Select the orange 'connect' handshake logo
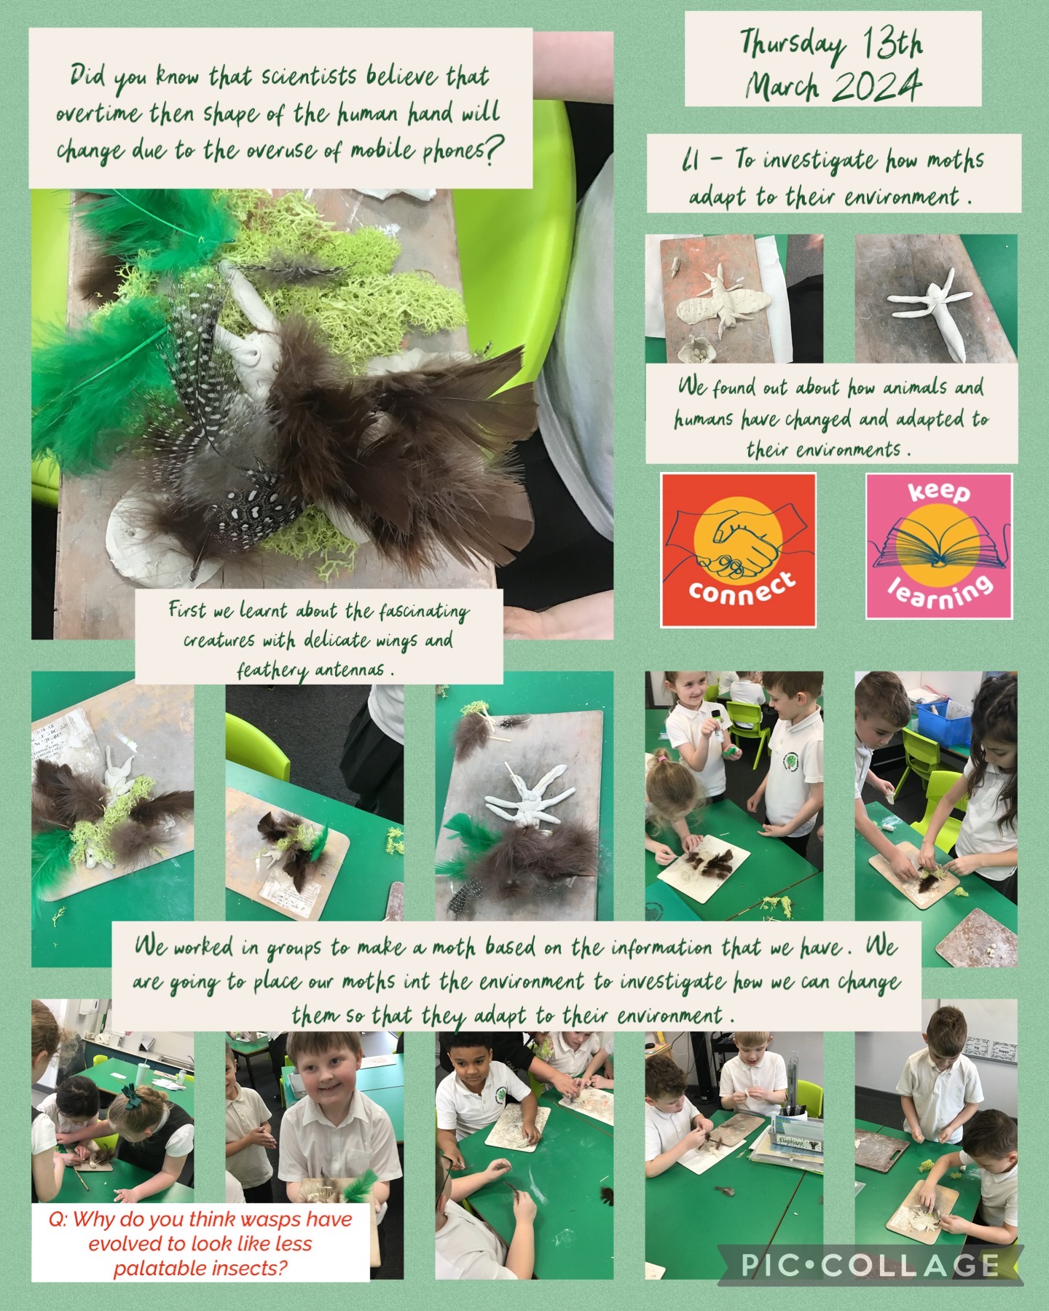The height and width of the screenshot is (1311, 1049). (738, 550)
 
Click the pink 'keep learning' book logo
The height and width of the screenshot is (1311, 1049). (939, 546)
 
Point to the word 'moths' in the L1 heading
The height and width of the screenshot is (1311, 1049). (956, 160)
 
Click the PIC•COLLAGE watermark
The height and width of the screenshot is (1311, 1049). (870, 1264)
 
